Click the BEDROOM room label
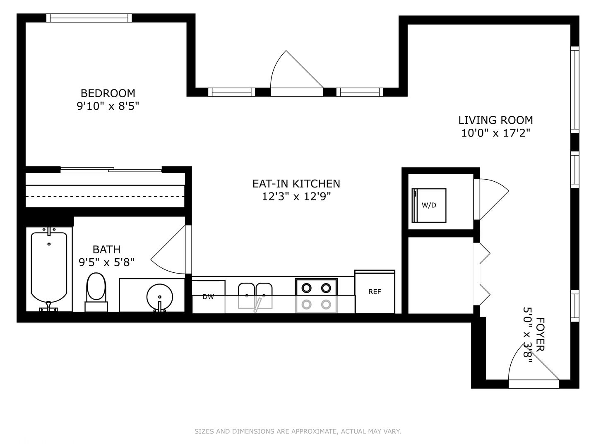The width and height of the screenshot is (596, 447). [x=108, y=94]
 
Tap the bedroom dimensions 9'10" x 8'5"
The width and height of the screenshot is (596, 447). [x=108, y=106]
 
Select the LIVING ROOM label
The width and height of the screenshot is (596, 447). [x=495, y=120]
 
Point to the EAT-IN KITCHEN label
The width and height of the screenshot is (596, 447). [x=296, y=184]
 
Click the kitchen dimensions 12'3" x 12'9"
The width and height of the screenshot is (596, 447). [x=296, y=196]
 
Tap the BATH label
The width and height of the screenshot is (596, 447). [x=106, y=249]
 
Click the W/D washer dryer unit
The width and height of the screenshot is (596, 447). [x=429, y=205]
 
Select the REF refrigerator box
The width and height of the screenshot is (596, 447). [x=375, y=292]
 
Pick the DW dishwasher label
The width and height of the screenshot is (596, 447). [x=208, y=297]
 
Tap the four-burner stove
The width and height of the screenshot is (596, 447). [x=316, y=296]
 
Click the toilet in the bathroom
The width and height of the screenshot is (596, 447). [x=96, y=292]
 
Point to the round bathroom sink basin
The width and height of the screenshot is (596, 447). [x=160, y=297]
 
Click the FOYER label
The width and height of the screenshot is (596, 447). [x=540, y=334]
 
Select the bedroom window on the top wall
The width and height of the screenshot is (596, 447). [x=89, y=18]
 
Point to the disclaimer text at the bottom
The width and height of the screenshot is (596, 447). [x=298, y=431]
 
